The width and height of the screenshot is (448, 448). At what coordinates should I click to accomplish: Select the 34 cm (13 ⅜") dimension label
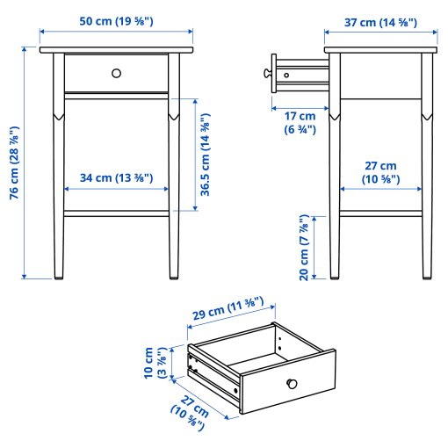point(117,178)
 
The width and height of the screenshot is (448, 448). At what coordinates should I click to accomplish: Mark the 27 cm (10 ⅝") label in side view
point(381,172)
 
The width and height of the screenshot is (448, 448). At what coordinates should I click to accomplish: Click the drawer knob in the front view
point(117,73)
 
